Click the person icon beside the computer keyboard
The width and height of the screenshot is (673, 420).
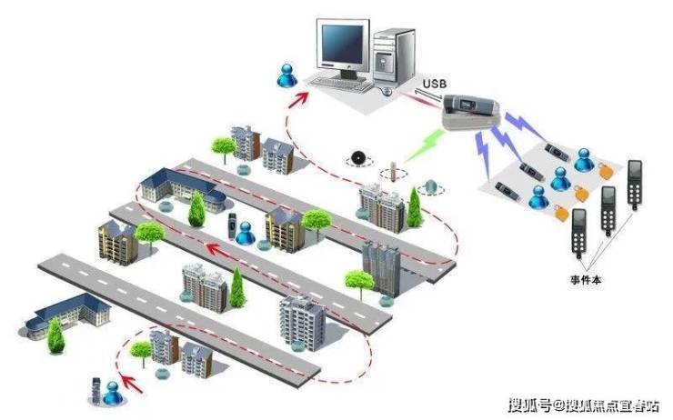point(289,75)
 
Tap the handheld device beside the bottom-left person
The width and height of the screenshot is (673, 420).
point(95,389)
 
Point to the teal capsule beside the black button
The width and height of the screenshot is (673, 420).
point(432,187)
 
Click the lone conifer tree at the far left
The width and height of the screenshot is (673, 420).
point(56,338)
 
